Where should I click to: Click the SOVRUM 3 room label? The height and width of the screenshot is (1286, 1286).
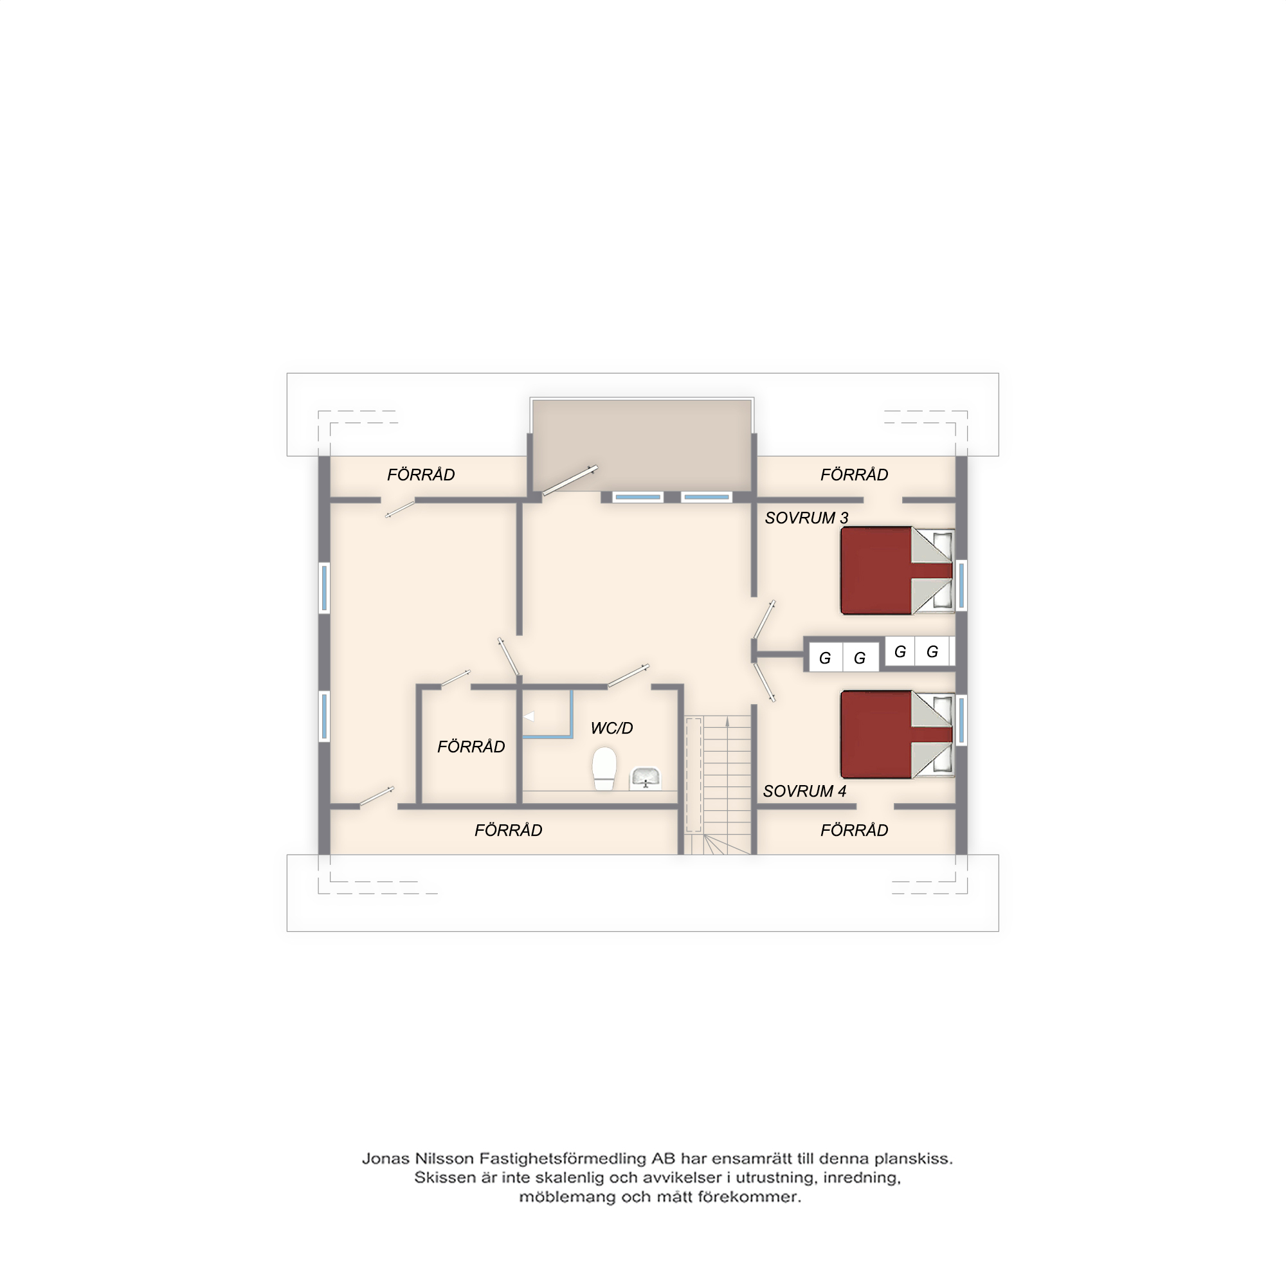pos(806,518)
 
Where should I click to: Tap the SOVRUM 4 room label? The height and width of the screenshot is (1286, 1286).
pos(804,791)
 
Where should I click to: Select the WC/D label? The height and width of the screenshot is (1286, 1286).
pos(611,729)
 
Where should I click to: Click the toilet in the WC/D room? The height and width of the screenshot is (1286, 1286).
pos(604,768)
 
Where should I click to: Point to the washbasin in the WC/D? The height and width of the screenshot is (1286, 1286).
pos(645,778)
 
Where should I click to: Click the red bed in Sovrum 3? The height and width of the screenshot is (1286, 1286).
pos(897,570)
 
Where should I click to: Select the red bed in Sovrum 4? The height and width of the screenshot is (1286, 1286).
pos(897,734)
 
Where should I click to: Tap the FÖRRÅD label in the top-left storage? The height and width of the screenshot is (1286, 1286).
pos(421,475)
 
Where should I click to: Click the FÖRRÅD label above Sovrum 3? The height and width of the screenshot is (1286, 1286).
pos(854,475)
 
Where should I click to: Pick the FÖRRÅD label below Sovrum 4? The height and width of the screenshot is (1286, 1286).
pos(854,830)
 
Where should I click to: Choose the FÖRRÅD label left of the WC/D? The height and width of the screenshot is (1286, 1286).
pos(471,746)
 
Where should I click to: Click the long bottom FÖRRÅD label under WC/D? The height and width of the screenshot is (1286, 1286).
pos(508,830)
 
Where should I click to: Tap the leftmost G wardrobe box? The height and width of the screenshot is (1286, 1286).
pos(826,658)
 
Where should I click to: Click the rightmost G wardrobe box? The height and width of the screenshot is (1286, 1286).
pos(932,651)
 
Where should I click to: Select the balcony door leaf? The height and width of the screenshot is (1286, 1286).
pos(570,480)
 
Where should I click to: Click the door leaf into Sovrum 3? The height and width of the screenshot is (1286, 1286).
pos(764,619)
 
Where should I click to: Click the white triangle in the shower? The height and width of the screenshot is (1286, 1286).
pos(529,716)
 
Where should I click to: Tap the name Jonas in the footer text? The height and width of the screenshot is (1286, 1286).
pos(385,1159)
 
